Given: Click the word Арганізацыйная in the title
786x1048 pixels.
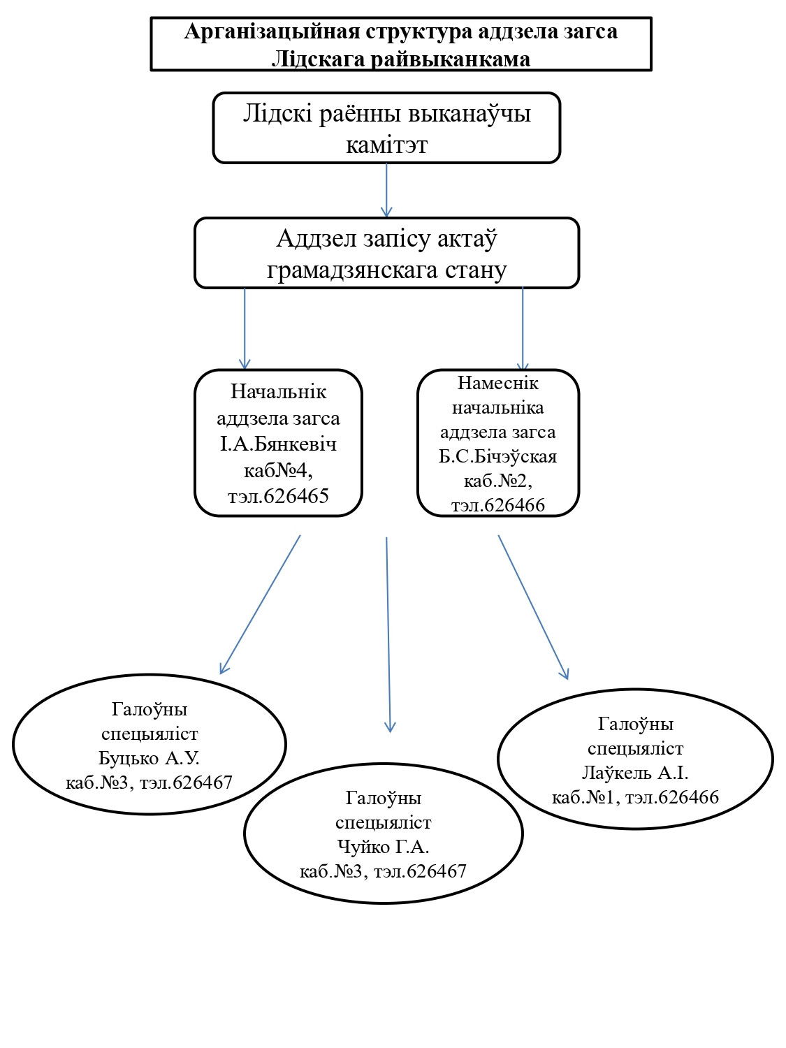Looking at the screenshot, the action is click(x=272, y=31).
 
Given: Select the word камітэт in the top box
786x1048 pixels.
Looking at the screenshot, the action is click(x=386, y=145).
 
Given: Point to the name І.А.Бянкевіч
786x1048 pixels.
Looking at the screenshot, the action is click(x=278, y=444).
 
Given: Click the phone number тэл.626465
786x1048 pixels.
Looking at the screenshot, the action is click(x=278, y=496).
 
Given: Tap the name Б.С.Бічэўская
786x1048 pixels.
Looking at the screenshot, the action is click(x=497, y=457).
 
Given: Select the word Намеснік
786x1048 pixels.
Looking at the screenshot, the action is click(x=497, y=383).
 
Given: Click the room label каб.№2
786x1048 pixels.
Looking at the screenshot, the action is click(x=496, y=481).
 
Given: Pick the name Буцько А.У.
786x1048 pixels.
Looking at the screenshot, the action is click(x=149, y=758).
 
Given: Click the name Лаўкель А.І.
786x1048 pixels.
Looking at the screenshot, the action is click(x=634, y=773).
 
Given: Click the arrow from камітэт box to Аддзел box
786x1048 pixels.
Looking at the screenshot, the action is click(x=386, y=190).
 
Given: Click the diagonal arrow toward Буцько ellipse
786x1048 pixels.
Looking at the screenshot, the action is click(x=260, y=604).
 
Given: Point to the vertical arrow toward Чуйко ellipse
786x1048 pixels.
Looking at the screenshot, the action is click(x=388, y=634).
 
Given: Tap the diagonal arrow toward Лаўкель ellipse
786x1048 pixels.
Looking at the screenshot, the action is click(x=533, y=607).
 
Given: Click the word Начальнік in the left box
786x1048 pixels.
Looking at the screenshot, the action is click(x=278, y=392).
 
